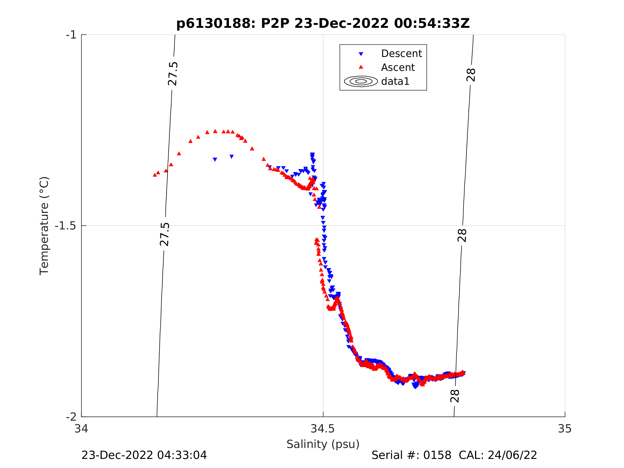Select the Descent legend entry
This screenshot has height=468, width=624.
point(401,53)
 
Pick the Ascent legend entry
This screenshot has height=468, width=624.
point(397,67)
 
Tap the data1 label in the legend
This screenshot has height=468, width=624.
point(395,82)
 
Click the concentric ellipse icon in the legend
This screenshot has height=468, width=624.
point(361,81)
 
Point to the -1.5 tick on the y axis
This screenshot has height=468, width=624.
point(66,226)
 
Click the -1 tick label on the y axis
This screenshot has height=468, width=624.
point(71,35)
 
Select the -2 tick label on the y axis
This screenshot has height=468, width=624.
point(71,417)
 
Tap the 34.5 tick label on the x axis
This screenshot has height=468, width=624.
point(323,429)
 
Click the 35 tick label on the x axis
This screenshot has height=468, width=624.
point(564,429)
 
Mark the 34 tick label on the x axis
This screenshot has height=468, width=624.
point(81,429)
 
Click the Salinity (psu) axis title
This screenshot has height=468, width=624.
point(323,444)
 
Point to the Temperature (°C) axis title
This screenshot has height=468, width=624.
point(44,226)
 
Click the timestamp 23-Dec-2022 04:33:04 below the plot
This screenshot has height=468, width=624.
point(144,455)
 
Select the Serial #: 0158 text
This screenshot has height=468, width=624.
point(411,455)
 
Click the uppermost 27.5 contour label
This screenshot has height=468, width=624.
point(173,74)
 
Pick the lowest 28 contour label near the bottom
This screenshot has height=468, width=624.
point(455,396)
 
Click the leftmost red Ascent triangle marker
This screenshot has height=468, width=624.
point(155,175)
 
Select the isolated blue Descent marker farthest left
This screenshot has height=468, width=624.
point(215,160)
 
